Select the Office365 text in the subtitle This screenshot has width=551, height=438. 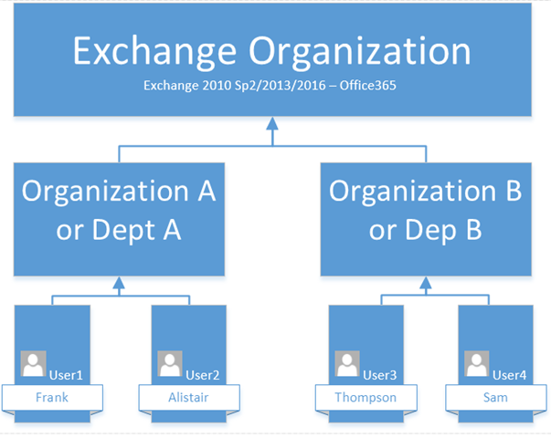click(368, 85)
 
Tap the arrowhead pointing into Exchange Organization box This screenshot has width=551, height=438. click(272, 123)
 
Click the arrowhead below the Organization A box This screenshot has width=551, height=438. click(119, 283)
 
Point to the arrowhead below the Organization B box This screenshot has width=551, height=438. click(426, 283)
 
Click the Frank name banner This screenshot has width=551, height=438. click(52, 398)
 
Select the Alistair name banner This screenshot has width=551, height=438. click(189, 398)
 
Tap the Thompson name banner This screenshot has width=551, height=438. click(366, 398)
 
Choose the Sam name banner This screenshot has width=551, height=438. click(496, 398)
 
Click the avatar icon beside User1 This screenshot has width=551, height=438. click(34, 363)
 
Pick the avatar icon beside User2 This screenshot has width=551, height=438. click(170, 363)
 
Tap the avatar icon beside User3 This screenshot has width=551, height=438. click(347, 363)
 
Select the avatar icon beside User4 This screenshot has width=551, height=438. click(477, 363)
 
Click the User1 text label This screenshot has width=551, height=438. click(66, 375)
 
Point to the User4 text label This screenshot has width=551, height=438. click(510, 375)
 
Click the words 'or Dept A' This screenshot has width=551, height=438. click(119, 231)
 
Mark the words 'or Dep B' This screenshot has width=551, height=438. click(425, 231)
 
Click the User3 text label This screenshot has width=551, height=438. click(380, 375)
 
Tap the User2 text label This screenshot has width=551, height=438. click(203, 375)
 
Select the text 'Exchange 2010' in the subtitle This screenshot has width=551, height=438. click(187, 85)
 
